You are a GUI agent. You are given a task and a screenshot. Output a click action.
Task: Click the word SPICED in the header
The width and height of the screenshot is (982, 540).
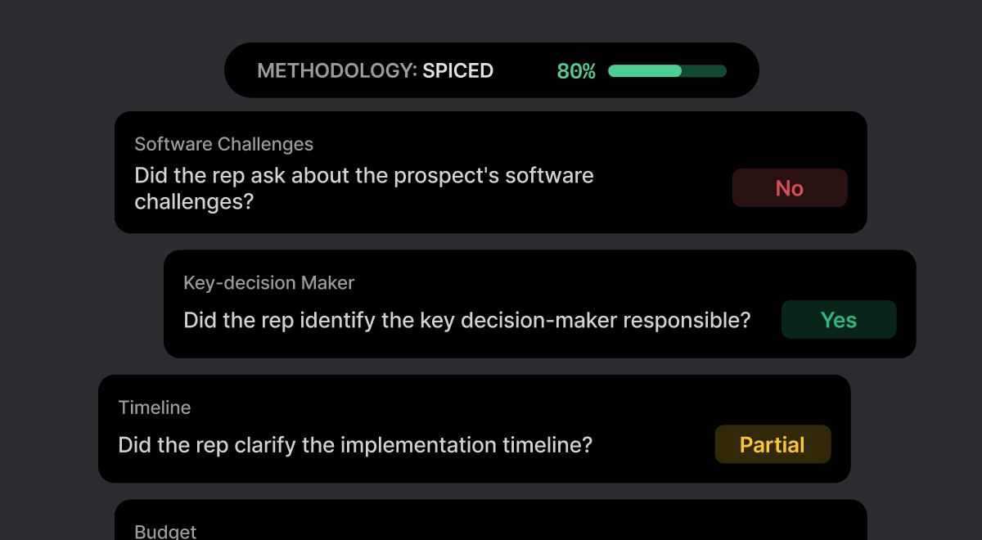457,70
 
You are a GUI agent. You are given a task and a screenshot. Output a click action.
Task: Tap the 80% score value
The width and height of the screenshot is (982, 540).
576,71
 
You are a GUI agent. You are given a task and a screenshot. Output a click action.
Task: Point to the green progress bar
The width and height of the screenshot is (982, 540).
667,71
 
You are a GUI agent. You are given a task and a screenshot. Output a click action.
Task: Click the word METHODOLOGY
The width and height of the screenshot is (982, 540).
336,70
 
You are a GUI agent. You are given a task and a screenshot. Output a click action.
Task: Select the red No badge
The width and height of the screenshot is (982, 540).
790,188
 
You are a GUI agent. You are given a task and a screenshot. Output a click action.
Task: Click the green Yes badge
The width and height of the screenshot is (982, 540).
839,320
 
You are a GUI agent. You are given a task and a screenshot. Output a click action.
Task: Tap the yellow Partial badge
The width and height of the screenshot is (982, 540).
773,444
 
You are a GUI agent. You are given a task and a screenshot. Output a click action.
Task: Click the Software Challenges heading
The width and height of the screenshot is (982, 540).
223,144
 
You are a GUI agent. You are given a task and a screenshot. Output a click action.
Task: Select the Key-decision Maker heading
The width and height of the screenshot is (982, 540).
268,283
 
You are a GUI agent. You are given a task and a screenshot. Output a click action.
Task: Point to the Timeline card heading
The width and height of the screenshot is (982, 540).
155,407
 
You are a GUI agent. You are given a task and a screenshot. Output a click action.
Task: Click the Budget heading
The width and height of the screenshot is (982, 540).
165,532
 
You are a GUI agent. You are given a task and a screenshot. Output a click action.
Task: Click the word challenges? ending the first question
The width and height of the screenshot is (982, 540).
194,202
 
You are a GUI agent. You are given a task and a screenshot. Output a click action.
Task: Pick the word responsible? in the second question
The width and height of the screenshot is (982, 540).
687,321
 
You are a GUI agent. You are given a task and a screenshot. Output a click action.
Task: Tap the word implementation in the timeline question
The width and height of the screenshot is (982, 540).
418,445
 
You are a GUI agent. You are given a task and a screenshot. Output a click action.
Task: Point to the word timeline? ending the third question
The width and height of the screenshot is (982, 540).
547,445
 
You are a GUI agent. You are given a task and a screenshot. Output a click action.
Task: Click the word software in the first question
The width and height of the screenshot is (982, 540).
549,176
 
